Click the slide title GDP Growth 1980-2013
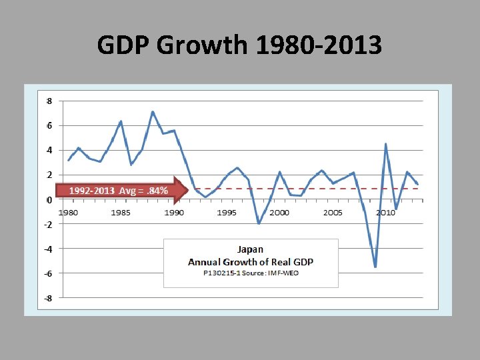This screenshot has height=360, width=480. tap(239, 46)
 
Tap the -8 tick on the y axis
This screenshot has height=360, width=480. tap(48, 298)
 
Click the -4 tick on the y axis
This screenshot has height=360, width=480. tap(48, 249)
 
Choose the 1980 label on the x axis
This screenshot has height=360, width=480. tap(68, 213)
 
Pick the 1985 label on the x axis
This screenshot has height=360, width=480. tap(121, 213)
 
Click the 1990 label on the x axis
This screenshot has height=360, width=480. tap(174, 213)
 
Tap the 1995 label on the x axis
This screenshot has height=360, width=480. tap(227, 213)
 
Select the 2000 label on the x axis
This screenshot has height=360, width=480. tap(280, 213)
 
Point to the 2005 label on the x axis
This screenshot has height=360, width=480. tap(333, 213)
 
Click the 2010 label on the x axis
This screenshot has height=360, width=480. tap(385, 213)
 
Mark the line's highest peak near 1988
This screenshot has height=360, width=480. tap(153, 112)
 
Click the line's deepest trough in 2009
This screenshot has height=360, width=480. tap(375, 267)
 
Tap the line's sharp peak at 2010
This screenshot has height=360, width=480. tap(386, 144)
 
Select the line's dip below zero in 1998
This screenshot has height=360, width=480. tap(259, 223)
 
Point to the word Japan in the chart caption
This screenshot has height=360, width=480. tap(250, 250)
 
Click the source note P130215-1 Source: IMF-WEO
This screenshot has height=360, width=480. tap(251, 273)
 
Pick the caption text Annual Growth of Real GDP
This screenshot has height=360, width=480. tap(251, 261)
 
